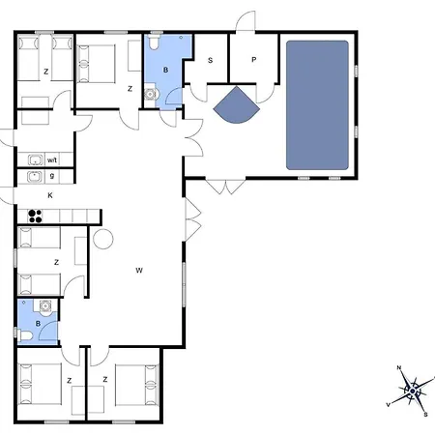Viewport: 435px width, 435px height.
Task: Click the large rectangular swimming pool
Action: pos(317,105)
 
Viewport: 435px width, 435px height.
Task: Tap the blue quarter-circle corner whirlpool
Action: pos(237,106)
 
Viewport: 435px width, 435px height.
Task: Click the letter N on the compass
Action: pos(399,367)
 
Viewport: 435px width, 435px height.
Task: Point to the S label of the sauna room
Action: pos(211,60)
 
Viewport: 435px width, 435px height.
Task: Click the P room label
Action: pos(254,60)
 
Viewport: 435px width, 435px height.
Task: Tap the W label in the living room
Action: pos(139,271)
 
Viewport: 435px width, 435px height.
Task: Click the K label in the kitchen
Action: pos(50,195)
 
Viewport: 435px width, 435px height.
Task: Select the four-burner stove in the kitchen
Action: pos(35,217)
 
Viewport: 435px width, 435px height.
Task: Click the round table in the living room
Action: pos(103,239)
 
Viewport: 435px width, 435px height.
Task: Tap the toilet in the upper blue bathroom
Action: pos(155,43)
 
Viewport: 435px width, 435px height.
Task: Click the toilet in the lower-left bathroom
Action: pos(26,335)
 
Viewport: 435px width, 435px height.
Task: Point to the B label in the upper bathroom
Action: pos(165,70)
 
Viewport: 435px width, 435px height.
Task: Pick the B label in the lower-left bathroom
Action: pos(38,324)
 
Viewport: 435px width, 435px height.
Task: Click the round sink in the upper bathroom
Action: pos(150,94)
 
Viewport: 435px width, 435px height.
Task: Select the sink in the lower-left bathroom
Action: pos(45,305)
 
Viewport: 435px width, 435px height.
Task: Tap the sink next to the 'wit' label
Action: pos(35,159)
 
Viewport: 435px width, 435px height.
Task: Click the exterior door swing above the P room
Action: pos(246,21)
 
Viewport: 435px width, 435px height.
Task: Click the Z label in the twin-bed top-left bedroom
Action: pos(46,72)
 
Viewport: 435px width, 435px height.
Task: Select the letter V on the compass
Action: pos(389,405)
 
